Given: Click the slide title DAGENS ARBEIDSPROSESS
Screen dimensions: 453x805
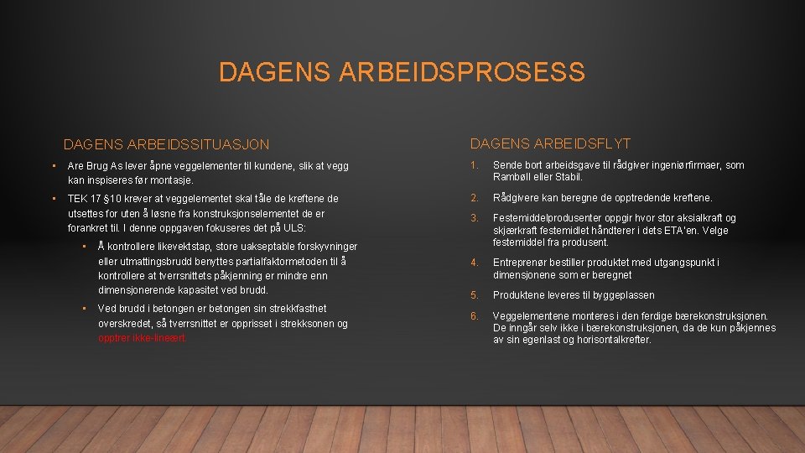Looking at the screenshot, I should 402,72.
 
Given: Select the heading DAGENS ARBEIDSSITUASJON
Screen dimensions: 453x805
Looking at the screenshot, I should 166,145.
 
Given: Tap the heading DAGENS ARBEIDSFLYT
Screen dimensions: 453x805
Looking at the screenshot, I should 550,144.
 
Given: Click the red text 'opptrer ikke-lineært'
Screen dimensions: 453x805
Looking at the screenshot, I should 142,338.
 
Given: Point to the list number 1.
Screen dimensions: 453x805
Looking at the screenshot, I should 474,165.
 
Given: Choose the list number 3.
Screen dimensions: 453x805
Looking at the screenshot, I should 474,218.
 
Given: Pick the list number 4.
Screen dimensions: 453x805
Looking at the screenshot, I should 474,263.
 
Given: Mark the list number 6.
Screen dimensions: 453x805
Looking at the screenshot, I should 474,315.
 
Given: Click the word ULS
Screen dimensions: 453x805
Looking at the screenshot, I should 293,227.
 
